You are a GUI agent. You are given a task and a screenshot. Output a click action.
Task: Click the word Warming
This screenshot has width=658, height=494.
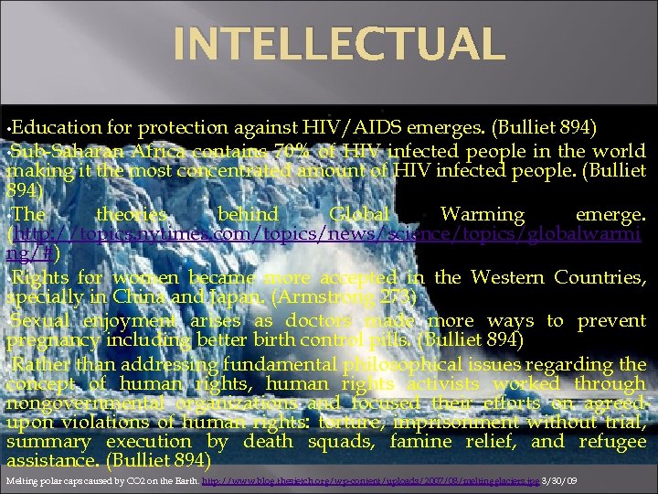(x=483, y=215)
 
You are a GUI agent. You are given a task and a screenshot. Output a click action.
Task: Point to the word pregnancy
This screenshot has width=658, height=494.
(x=51, y=341)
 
